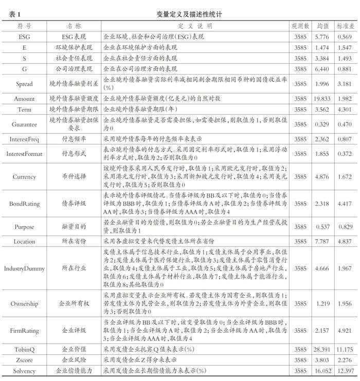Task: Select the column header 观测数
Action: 300,25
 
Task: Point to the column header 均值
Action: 323,25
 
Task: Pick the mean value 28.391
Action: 323,349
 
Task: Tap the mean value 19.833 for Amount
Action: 323,98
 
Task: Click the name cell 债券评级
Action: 74,204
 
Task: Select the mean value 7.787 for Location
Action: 323,241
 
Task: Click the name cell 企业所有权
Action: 74,303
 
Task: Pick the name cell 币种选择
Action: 74,177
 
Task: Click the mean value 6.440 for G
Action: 323,68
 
